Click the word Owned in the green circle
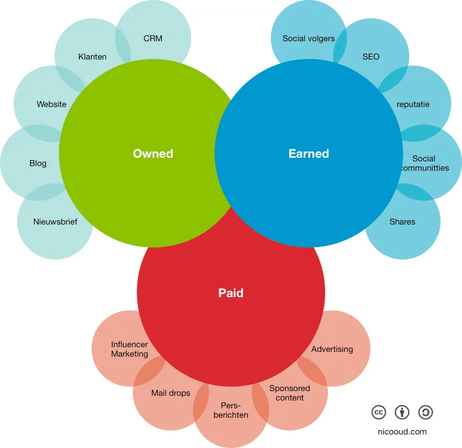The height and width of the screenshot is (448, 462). (x=153, y=154)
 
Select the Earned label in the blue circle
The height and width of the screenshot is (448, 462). (x=309, y=154)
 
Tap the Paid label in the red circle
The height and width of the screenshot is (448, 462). (x=231, y=293)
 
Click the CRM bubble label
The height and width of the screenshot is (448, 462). (x=153, y=38)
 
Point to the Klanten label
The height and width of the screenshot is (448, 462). (x=92, y=56)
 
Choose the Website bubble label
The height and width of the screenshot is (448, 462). (x=52, y=104)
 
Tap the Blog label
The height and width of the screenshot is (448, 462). (x=38, y=163)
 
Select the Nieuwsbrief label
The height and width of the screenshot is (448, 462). (x=55, y=221)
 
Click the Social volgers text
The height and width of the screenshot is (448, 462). (x=309, y=38)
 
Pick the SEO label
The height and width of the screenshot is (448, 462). (x=371, y=56)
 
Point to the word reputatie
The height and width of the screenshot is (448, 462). (x=413, y=104)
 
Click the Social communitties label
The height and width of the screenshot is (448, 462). (x=423, y=163)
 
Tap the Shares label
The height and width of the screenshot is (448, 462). (x=402, y=221)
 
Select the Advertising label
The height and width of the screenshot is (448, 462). (x=332, y=349)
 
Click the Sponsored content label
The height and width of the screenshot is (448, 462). (x=290, y=393)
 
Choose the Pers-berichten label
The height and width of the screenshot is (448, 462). (x=231, y=410)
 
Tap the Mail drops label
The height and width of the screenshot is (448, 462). (x=171, y=393)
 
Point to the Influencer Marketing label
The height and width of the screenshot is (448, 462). (x=129, y=349)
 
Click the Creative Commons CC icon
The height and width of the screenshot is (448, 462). (x=378, y=412)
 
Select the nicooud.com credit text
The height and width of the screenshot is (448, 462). (x=402, y=431)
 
